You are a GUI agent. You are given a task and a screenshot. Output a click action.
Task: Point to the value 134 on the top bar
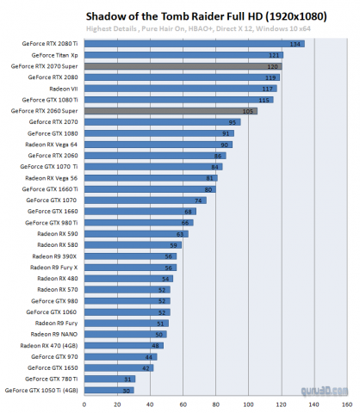click(296, 43)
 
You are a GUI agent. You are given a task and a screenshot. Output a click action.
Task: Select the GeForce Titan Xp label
click(76, 54)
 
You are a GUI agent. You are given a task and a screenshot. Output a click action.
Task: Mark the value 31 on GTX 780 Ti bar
click(129, 379)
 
